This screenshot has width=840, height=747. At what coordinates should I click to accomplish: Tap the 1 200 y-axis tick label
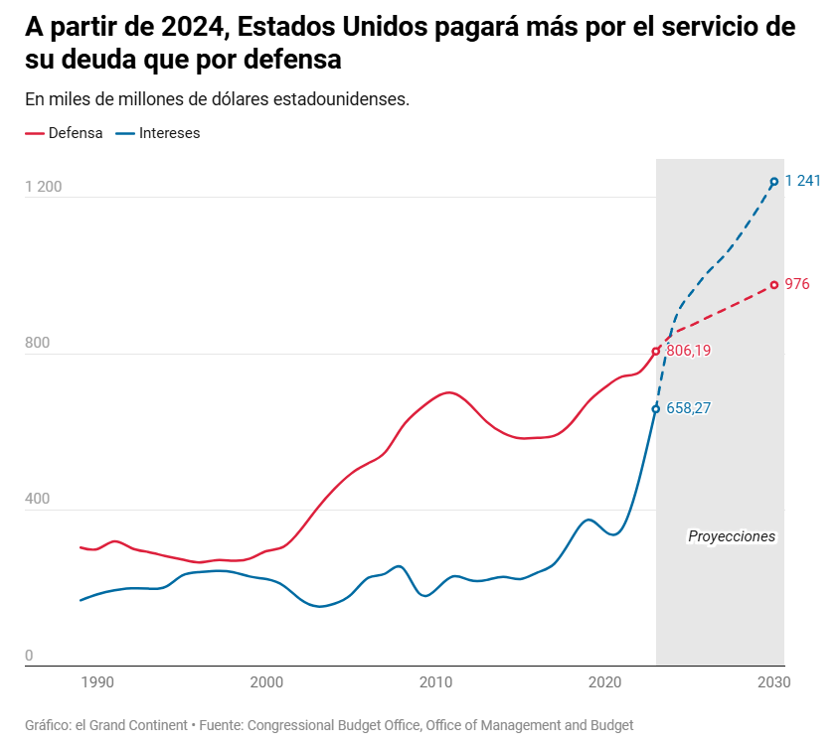(x=44, y=187)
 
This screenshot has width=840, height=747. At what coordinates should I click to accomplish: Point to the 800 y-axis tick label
(x=37, y=344)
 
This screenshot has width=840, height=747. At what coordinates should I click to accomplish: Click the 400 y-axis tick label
(x=37, y=500)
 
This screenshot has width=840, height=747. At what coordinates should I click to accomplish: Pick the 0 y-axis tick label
(x=29, y=656)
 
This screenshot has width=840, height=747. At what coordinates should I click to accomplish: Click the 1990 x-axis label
(x=96, y=682)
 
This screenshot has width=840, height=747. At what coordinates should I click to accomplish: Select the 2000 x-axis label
(x=266, y=682)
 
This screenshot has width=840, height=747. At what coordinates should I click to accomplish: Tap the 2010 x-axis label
(x=435, y=682)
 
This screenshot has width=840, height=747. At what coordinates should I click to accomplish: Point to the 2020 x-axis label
(x=605, y=682)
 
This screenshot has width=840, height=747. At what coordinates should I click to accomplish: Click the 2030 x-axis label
(x=774, y=682)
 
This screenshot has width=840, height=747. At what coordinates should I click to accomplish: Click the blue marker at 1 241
(x=774, y=182)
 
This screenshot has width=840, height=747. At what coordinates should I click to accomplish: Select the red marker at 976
(x=774, y=285)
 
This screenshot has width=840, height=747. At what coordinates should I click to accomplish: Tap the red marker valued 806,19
(x=656, y=351)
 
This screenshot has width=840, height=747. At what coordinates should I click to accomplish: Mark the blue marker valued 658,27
(x=656, y=408)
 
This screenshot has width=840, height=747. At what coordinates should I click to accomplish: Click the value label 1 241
(x=802, y=181)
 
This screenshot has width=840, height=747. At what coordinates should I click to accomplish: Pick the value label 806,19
(x=689, y=351)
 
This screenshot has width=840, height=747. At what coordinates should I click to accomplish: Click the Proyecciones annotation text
(x=732, y=536)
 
